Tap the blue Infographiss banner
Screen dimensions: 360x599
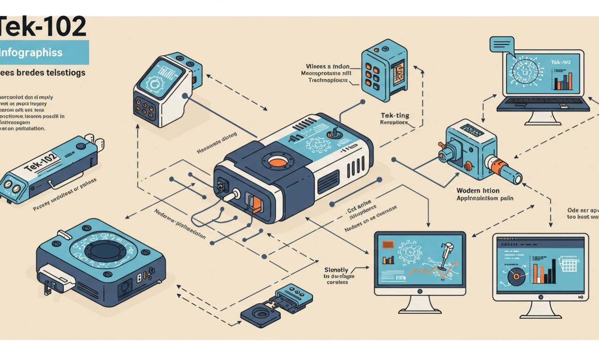[x=44, y=52]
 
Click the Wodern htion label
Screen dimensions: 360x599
[x=478, y=191]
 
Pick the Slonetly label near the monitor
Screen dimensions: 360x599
[x=336, y=270]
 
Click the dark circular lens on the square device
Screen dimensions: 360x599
[x=106, y=251]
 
